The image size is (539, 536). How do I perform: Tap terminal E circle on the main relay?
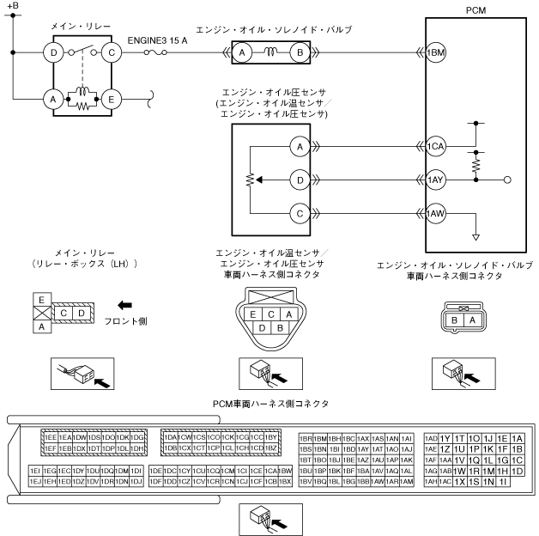click(x=110, y=99)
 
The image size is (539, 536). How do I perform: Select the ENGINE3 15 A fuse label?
click(x=157, y=40)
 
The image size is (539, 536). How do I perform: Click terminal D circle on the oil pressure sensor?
click(x=300, y=180)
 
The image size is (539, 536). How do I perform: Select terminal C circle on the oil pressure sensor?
click(x=300, y=212)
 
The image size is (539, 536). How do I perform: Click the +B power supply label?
click(x=11, y=6)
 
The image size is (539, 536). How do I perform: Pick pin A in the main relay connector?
click(x=39, y=326)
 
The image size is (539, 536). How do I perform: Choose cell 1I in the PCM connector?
click(x=503, y=481)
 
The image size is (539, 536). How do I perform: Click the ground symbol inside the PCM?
click(x=475, y=237)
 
